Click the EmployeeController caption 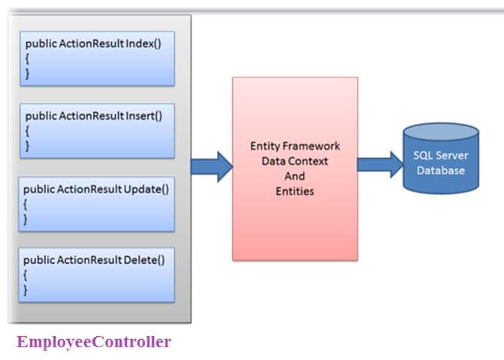coord(94,342)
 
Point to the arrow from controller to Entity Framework coord(212,166)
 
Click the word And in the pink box coord(294,177)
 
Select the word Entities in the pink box coord(294,192)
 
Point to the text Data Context coord(294,162)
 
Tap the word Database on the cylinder coord(440,171)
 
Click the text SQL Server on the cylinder coord(440,156)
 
